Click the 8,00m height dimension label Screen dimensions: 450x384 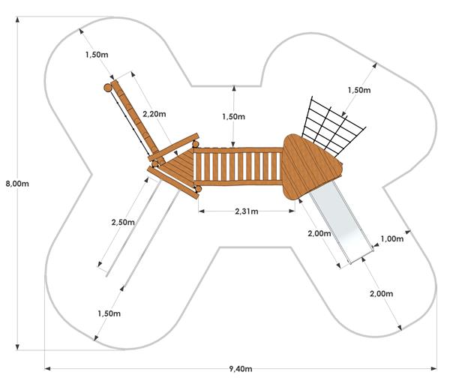(x=17, y=184)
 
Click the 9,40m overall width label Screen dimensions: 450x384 (x=241, y=369)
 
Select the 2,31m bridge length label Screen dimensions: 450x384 (x=247, y=211)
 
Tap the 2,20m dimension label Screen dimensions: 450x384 (x=154, y=114)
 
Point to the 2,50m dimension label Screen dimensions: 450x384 (x=123, y=222)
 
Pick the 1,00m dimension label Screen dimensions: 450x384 (x=392, y=238)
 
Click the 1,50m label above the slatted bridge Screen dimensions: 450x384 (x=233, y=116)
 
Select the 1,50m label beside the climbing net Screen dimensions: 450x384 (x=359, y=90)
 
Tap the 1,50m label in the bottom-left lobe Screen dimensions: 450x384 (x=109, y=313)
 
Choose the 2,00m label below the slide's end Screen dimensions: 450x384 (x=382, y=293)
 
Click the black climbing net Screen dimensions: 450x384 (x=333, y=124)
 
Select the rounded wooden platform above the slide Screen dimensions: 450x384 (x=311, y=166)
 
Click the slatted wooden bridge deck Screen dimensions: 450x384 (x=238, y=166)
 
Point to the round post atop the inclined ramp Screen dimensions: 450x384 (x=107, y=88)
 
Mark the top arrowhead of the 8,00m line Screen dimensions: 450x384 (x=17, y=19)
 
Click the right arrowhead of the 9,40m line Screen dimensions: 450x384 (x=434, y=368)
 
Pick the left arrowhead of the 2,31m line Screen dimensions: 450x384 (x=201, y=211)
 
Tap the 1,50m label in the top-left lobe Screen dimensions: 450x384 (x=97, y=55)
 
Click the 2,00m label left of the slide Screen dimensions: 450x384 (x=319, y=233)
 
